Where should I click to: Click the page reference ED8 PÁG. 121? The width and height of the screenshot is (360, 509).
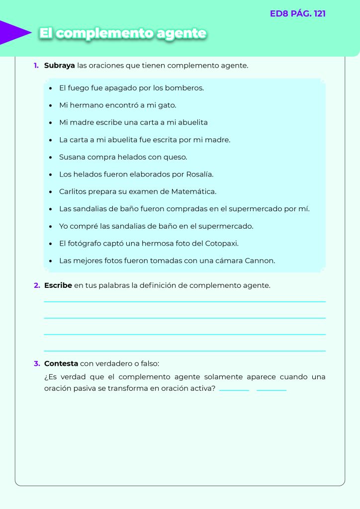coord(297,14)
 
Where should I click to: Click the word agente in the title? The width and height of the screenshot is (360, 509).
coord(181,33)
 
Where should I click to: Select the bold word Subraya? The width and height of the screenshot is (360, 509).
coord(60,65)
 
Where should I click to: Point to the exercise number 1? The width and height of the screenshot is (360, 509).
coord(36,65)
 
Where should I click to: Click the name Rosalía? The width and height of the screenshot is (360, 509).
coord(199,174)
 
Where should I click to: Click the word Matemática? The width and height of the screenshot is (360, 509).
coord(193,191)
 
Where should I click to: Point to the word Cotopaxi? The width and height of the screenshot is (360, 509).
coord(222,244)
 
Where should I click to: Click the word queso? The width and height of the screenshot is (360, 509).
coord(175,157)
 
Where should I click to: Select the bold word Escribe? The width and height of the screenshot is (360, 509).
coord(58,285)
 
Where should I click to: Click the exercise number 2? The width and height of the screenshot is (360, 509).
coord(37,285)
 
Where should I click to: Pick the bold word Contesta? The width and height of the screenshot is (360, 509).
coord(61,363)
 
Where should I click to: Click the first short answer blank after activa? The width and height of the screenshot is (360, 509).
coord(234,390)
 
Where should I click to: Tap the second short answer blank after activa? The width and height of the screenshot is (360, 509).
coord(271,390)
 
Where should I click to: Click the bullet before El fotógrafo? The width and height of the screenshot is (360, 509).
coord(51,244)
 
